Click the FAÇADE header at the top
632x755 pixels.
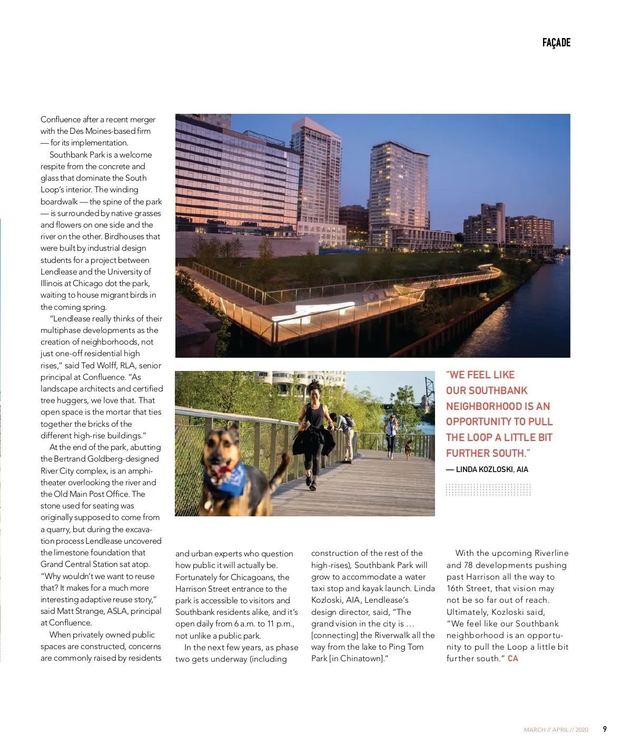[x=556, y=43]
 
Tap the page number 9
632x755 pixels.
[x=605, y=729]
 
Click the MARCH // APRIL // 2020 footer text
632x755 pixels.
[x=556, y=730]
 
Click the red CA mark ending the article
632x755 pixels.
[x=512, y=659]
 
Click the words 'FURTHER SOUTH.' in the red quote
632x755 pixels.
[x=488, y=453]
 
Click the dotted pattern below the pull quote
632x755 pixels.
[x=488, y=489]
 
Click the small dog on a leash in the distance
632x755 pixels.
[x=408, y=448]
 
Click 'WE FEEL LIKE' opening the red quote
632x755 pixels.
[x=480, y=375]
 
